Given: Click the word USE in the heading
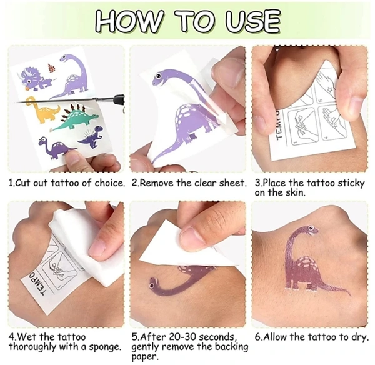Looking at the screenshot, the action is click(253, 21).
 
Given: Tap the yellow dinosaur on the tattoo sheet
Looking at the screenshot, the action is click(42, 109).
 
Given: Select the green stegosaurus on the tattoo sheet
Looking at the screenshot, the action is click(76, 119).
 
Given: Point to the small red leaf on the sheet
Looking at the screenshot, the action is click(52, 67).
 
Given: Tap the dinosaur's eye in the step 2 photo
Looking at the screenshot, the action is click(158, 76).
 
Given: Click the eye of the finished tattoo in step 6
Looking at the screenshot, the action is click(311, 228).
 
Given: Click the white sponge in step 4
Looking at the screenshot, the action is click(79, 242).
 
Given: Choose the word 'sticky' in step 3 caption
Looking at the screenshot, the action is click(351, 184).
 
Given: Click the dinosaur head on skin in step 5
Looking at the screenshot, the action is click(155, 284).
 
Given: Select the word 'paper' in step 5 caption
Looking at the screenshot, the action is click(144, 357).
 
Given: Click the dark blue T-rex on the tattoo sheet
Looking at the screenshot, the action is click(92, 136).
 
